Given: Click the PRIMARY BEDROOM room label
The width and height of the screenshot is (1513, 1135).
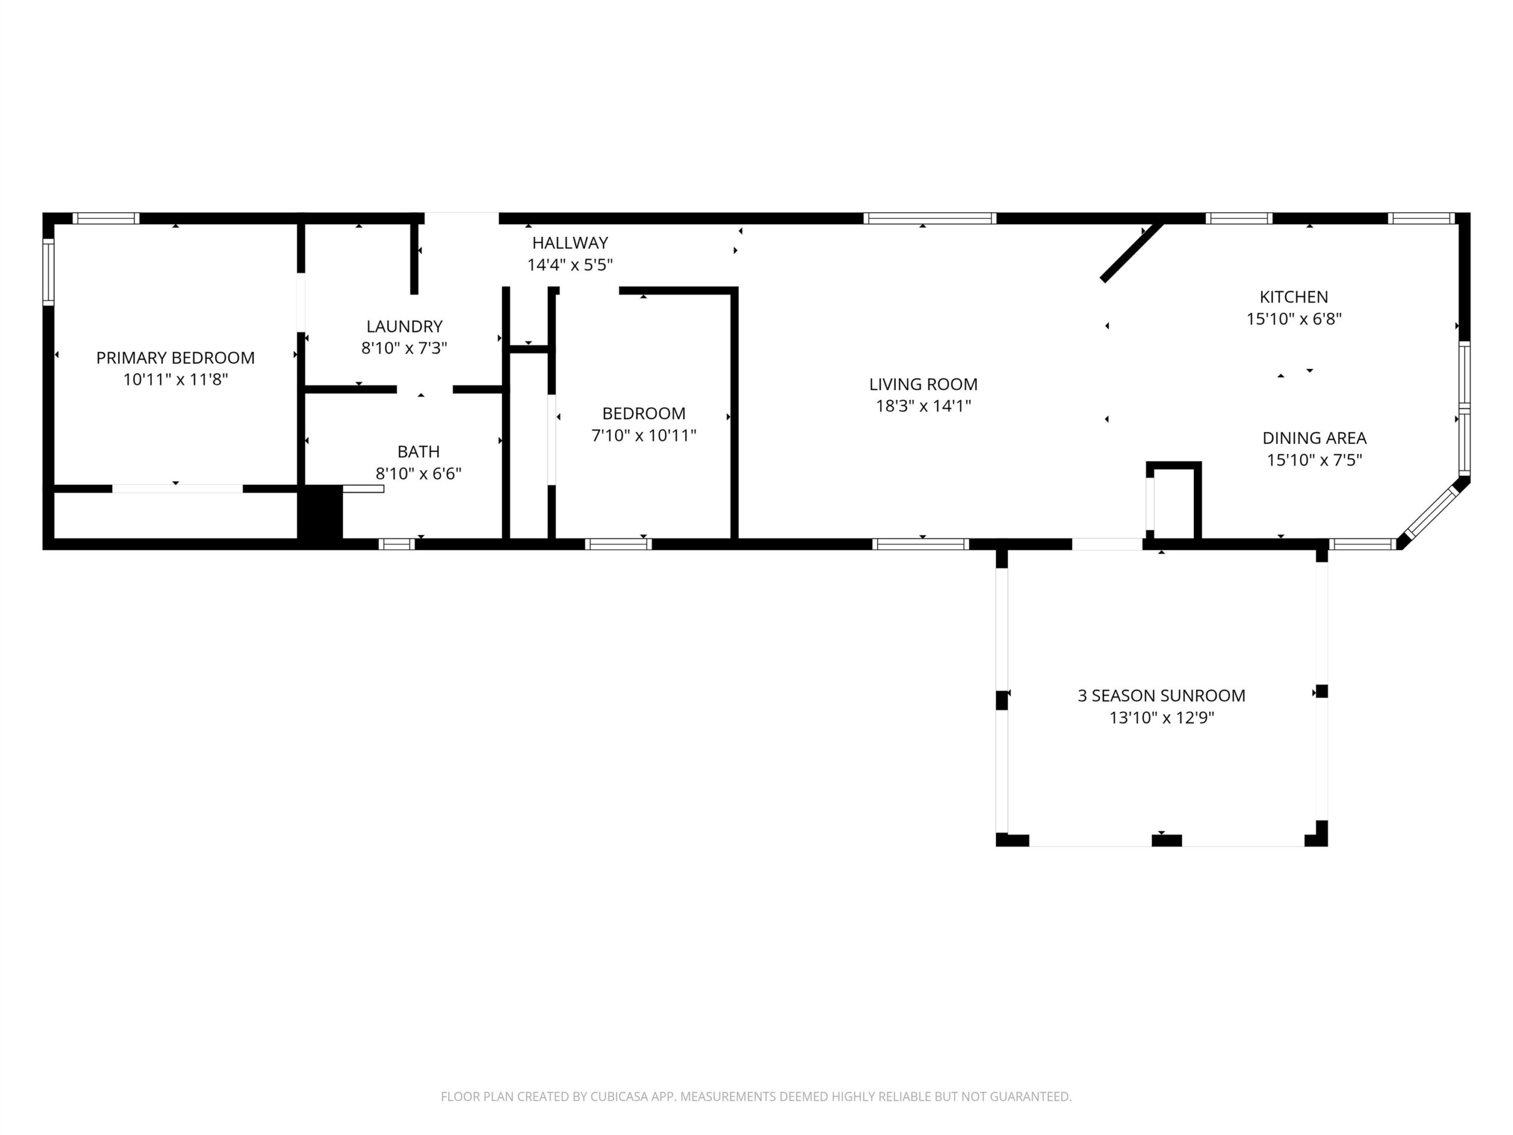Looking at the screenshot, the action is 175,358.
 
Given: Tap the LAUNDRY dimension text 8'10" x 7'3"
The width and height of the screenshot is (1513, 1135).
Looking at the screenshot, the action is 404,348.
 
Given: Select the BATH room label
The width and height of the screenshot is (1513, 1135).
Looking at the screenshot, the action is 418,452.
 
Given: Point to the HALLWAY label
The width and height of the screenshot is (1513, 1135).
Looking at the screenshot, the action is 570,243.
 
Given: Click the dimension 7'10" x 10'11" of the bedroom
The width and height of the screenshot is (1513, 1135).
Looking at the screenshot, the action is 644,435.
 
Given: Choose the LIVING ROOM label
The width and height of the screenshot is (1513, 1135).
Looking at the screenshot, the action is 923,384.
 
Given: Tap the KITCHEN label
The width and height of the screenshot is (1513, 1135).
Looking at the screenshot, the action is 1294,297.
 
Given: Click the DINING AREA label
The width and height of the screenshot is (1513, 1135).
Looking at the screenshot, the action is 1314,438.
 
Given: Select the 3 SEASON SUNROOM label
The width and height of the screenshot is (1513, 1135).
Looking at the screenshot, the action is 1161,696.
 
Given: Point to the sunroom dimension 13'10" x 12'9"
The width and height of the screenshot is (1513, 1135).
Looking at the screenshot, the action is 1161,718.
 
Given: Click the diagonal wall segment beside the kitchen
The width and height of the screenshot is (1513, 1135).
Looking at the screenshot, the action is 1132,251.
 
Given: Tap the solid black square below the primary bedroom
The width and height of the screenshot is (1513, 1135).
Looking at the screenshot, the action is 319,513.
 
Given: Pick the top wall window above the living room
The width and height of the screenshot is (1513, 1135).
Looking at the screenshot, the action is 930,218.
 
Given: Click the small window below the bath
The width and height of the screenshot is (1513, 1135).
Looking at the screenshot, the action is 397,544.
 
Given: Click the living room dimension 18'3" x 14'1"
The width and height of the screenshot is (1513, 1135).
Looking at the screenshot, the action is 923,406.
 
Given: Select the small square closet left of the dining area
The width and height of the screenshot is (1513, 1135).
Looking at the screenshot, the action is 1174,500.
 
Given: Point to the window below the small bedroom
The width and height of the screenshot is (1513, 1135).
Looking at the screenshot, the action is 618,544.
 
